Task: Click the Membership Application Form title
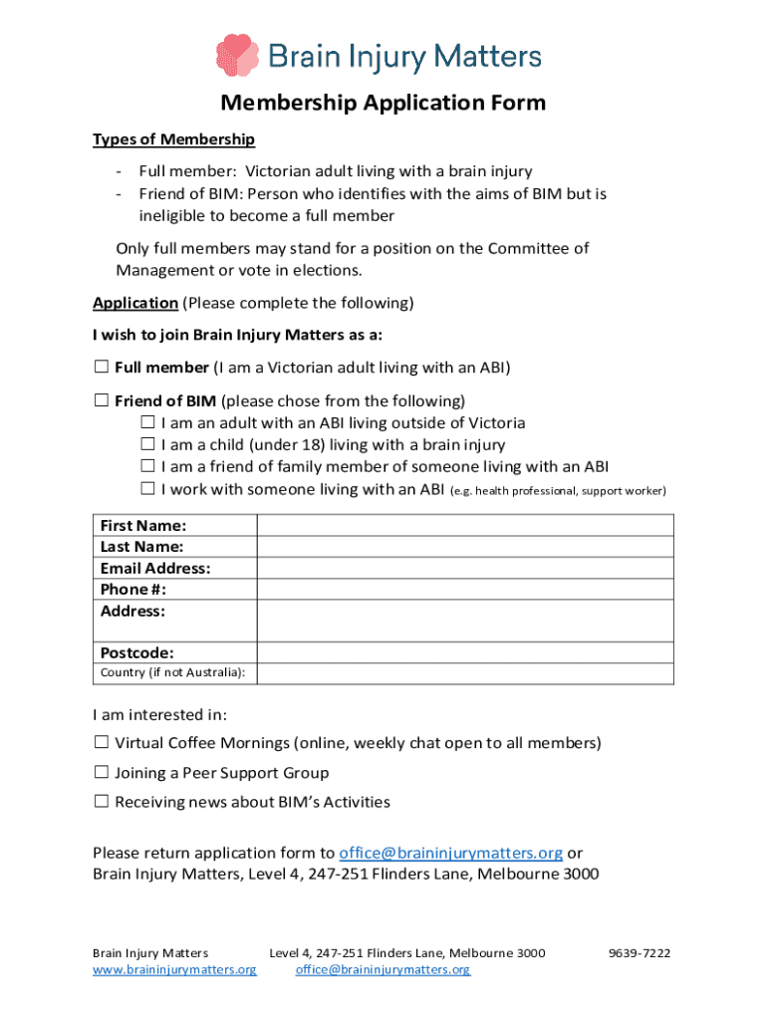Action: coord(383,104)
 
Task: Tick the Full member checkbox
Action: coord(101,368)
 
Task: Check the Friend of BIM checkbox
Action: coord(101,401)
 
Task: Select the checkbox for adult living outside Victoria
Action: coord(147,423)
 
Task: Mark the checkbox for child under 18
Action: coord(147,445)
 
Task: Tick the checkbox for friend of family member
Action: coord(147,467)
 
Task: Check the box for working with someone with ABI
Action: coord(147,489)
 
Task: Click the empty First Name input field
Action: coord(465,526)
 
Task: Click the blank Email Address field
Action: coord(465,569)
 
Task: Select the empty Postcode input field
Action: coord(465,653)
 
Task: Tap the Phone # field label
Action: coord(132,590)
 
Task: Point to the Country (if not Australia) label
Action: coord(172,673)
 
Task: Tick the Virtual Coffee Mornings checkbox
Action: coord(101,743)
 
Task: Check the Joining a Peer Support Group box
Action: coord(101,773)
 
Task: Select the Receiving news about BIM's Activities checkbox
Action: coord(101,802)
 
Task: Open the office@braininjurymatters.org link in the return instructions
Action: coord(451,853)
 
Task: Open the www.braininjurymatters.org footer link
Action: coord(174,969)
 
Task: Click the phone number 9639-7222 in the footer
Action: coord(639,953)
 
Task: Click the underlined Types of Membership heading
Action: coord(173,139)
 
